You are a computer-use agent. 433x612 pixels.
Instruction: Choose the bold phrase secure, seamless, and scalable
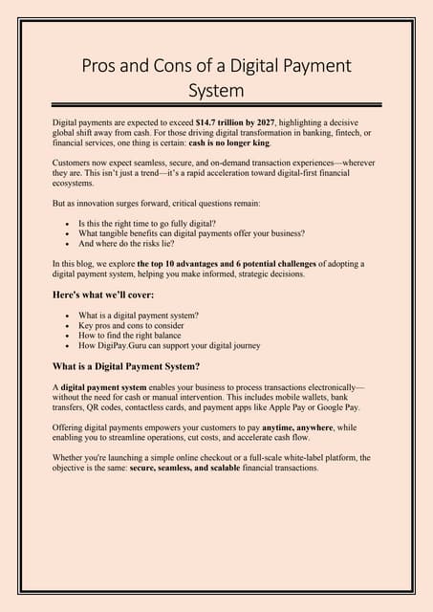188,469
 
